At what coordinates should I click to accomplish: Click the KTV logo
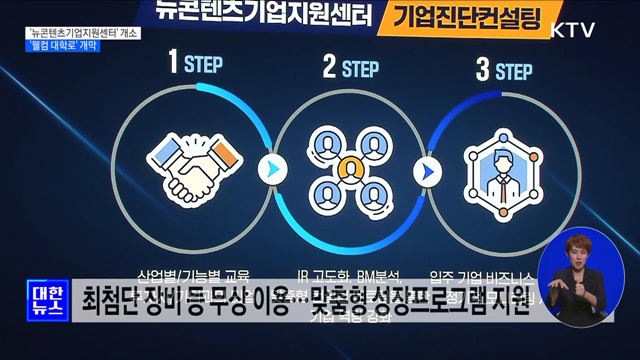coord(572,29)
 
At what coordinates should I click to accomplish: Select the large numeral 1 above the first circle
coord(172,67)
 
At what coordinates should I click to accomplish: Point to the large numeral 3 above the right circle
coord(481,69)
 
